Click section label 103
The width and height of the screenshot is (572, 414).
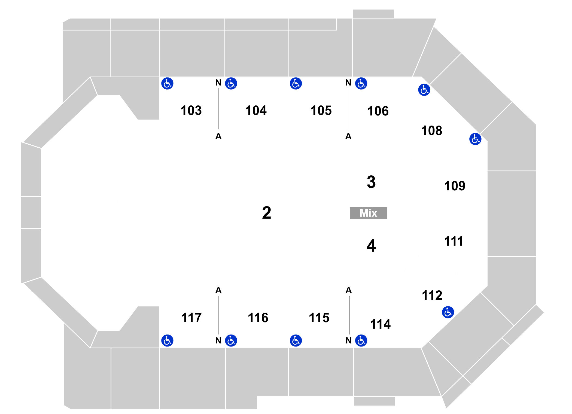pyautogui.click(x=191, y=111)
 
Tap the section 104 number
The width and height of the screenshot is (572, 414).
pyautogui.click(x=256, y=111)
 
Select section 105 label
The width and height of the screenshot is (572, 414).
pyautogui.click(x=321, y=111)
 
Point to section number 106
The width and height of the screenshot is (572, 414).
pyautogui.click(x=378, y=111)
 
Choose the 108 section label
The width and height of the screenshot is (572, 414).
pyautogui.click(x=431, y=131)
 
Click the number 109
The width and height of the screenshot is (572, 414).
pyautogui.click(x=455, y=186)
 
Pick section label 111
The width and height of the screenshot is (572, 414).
pyautogui.click(x=454, y=241)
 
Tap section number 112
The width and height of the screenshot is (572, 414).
pyautogui.click(x=432, y=296)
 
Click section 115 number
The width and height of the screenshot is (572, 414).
pyautogui.click(x=319, y=318)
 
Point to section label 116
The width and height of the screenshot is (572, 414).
pyautogui.click(x=258, y=318)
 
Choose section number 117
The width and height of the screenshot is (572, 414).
pyautogui.click(x=191, y=318)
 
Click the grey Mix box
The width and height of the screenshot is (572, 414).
pyautogui.click(x=368, y=213)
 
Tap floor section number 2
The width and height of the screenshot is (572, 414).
pyautogui.click(x=266, y=213)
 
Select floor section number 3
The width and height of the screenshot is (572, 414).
pyautogui.click(x=371, y=182)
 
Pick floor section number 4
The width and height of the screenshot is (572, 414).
pyautogui.click(x=371, y=246)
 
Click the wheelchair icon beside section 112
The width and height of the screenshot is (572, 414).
pyautogui.click(x=448, y=312)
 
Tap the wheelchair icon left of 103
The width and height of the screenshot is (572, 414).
pyautogui.click(x=167, y=83)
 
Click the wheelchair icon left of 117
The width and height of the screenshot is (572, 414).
pyautogui.click(x=167, y=340)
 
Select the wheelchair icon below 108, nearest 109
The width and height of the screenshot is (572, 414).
pyautogui.click(x=475, y=139)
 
